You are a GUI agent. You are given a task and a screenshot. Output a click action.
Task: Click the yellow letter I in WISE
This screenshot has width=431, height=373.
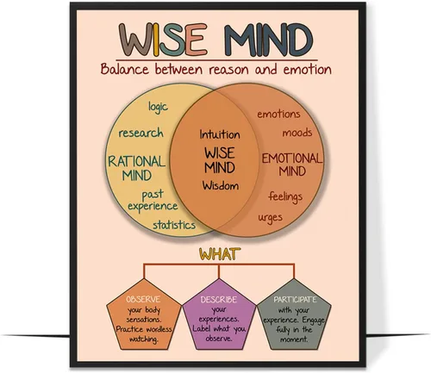156,40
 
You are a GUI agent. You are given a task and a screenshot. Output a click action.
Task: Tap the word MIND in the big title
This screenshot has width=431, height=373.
268,40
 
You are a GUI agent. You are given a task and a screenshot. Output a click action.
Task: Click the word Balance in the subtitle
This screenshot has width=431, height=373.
125,69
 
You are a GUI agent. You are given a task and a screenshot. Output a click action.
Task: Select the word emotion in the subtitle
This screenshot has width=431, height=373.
307,70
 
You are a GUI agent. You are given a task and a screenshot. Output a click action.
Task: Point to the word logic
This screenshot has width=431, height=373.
158,107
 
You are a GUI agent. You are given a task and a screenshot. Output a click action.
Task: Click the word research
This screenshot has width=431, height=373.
141,133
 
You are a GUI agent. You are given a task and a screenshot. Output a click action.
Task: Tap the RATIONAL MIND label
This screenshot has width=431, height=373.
137,168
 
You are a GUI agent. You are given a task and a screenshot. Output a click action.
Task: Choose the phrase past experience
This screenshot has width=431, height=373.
153,201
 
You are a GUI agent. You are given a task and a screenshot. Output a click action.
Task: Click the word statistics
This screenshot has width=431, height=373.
174,225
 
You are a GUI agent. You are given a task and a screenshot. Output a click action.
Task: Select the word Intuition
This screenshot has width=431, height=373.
220,134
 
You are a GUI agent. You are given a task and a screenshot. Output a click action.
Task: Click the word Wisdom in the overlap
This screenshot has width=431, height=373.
221,185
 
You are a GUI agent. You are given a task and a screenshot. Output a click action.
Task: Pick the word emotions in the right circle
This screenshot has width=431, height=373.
278,114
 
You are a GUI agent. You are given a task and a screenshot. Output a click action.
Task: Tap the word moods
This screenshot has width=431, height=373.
297,133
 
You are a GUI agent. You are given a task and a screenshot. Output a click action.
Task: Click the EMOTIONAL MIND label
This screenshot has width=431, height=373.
292,165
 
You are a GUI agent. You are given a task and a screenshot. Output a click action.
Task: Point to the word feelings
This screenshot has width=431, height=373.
285,196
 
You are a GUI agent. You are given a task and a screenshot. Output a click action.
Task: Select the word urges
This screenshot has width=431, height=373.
270,218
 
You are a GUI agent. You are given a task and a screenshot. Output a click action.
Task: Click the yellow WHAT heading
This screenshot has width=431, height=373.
220,254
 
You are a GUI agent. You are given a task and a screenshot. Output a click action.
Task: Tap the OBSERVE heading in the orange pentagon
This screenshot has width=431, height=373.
143,299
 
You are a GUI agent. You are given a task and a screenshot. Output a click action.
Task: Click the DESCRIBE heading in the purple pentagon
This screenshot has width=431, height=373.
219,300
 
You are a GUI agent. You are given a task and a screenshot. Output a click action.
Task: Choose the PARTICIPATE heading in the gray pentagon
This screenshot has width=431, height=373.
295,300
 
